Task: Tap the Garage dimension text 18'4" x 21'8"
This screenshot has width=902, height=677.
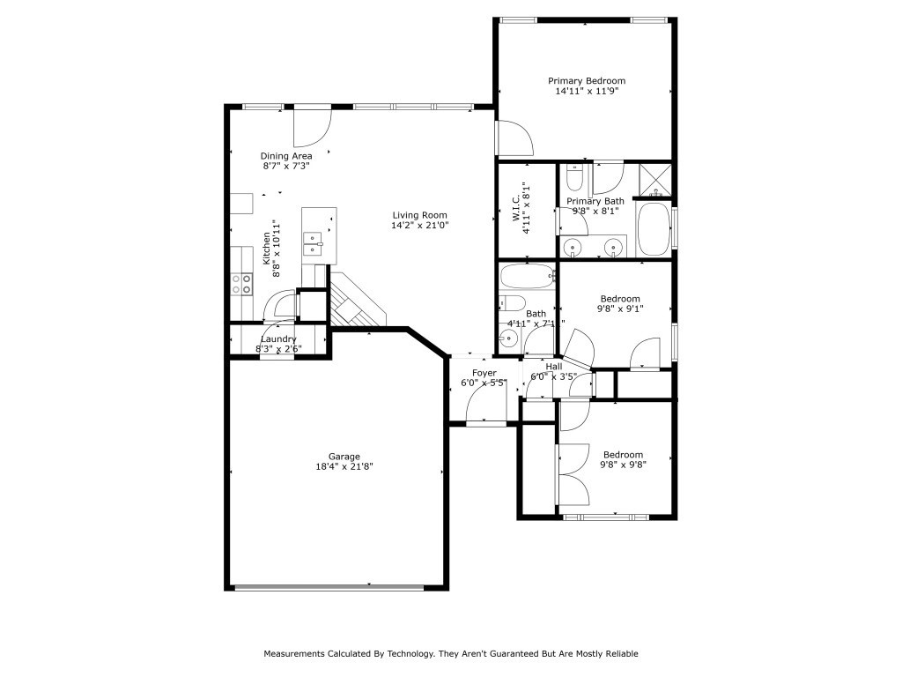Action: [x=344, y=466]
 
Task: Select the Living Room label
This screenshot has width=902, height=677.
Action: [x=419, y=215]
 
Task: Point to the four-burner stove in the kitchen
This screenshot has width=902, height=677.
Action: [x=241, y=284]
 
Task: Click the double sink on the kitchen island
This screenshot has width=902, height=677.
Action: [x=313, y=243]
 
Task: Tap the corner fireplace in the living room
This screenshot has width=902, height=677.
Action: [x=356, y=301]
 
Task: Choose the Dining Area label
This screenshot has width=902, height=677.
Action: [x=285, y=156]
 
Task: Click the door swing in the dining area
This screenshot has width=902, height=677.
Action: [x=311, y=128]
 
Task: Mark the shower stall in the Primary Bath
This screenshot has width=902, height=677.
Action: [x=654, y=179]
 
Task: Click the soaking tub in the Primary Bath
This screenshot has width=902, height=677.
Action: [x=653, y=229]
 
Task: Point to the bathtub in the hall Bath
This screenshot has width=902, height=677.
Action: [x=527, y=278]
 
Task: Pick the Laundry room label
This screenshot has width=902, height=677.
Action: [x=278, y=339]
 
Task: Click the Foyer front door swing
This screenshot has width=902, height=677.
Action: [x=484, y=405]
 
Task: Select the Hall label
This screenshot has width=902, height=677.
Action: [x=553, y=367]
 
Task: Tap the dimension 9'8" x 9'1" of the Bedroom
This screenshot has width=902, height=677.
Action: [x=621, y=309]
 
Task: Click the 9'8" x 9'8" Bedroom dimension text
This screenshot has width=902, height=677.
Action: [x=623, y=465]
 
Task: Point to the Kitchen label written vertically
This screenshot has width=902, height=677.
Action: [x=266, y=249]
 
